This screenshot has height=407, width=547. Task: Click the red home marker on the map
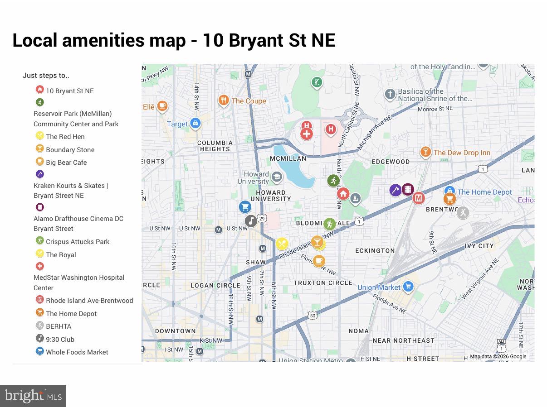(343, 194)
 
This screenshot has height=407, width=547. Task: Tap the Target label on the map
(177, 124)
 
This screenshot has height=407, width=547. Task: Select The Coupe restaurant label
(249, 101)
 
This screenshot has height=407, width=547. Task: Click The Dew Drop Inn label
(461, 153)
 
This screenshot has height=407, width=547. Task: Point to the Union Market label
(379, 287)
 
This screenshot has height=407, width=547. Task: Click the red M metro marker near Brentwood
(418, 198)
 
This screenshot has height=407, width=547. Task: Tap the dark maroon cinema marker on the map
(408, 189)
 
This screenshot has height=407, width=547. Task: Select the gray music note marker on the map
(251, 220)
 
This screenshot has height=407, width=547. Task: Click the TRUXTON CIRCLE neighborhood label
(322, 283)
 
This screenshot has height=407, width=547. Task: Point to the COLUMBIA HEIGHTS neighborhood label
(215, 146)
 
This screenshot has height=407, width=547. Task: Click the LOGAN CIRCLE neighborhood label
(215, 286)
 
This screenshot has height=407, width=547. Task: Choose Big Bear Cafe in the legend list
(66, 163)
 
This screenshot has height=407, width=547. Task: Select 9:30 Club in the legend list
(60, 340)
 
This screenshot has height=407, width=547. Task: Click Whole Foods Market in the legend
(77, 352)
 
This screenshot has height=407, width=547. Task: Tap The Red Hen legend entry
(65, 137)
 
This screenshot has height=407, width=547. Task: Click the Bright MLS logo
(33, 396)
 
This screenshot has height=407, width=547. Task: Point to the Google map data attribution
(498, 356)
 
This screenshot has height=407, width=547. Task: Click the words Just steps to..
(46, 76)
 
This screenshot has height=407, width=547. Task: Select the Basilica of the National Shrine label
(435, 95)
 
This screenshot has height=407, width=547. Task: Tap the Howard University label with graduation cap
(257, 177)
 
